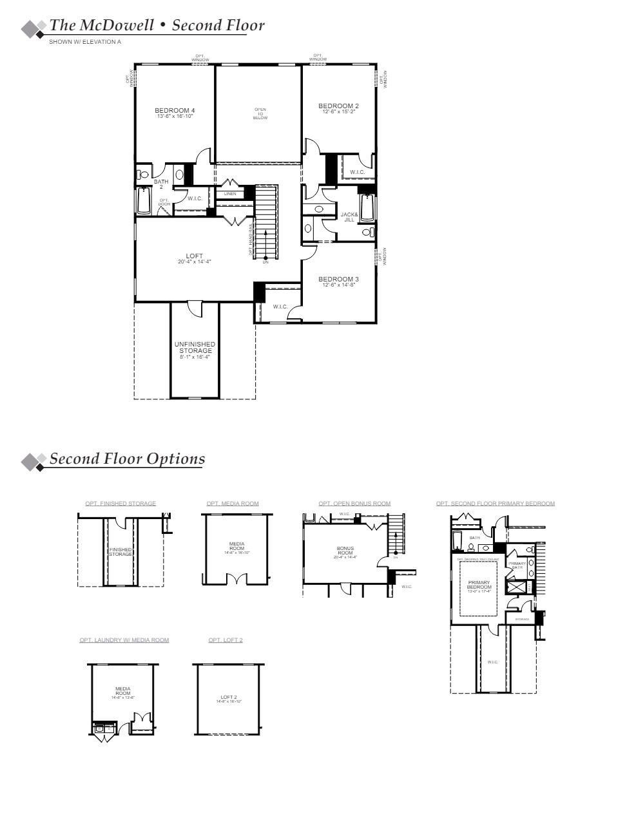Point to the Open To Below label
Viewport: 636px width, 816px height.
(x=260, y=114)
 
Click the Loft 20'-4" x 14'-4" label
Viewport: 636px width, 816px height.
(x=195, y=258)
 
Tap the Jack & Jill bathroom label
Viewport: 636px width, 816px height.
(x=349, y=217)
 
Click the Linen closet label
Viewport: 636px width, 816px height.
(x=230, y=194)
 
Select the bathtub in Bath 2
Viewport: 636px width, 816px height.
(x=144, y=201)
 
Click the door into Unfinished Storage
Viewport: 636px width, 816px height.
(x=193, y=308)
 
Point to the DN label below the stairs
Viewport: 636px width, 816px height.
(x=265, y=262)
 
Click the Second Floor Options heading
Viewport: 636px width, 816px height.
(x=127, y=459)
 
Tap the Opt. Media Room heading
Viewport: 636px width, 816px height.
(x=233, y=503)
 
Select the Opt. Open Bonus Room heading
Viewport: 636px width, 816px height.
(x=354, y=503)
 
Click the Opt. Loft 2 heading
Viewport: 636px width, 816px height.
(x=226, y=640)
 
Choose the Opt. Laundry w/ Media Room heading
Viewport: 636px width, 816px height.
(x=124, y=640)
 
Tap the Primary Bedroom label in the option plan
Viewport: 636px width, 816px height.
(x=479, y=585)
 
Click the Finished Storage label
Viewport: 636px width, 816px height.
(x=120, y=551)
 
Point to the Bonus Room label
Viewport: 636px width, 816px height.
(x=345, y=552)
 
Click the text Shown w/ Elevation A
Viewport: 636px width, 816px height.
(x=85, y=42)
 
